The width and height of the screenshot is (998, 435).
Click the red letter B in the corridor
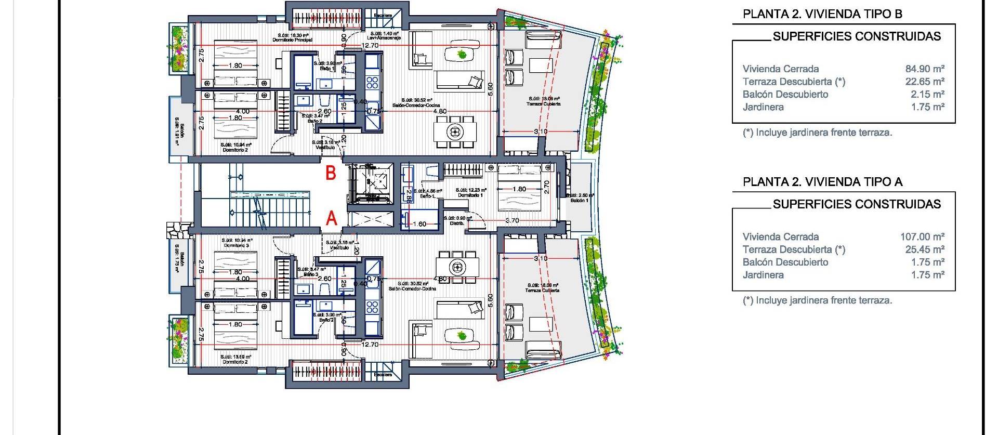coord(331,173)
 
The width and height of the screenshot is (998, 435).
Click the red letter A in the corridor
coord(331,220)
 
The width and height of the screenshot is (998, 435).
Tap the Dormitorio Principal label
coord(292,39)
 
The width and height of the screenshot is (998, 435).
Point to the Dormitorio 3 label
coord(237,245)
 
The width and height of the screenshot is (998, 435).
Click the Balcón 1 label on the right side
coord(579,200)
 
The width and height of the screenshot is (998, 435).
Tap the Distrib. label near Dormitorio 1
coord(457,223)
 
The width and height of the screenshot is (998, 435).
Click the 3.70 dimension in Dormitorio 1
coord(512,220)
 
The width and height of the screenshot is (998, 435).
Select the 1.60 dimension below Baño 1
coord(419,224)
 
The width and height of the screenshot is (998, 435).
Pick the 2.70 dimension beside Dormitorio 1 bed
coord(546,187)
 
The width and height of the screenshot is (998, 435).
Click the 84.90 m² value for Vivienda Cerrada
coord(925,69)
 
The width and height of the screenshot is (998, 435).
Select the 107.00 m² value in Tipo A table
coord(922,236)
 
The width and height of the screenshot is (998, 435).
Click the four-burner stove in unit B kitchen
coord(372,82)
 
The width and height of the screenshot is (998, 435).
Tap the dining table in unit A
coord(457,267)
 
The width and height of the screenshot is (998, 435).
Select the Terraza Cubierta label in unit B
coord(544,103)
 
